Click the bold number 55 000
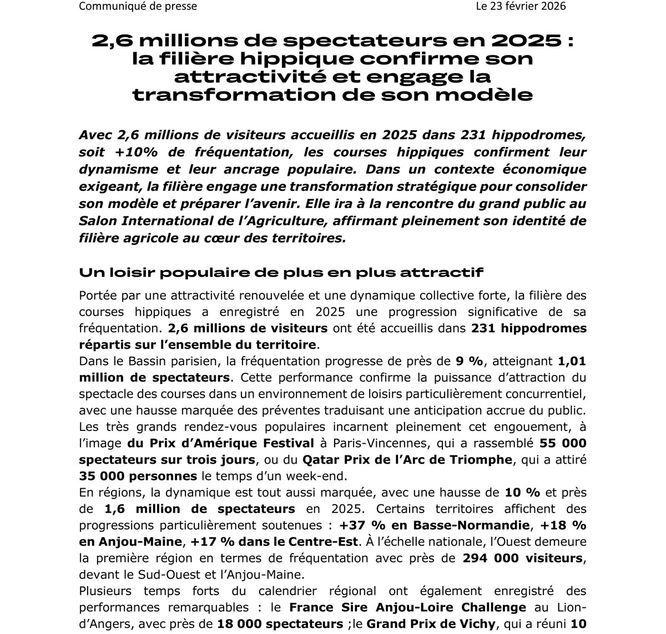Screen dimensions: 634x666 (563, 444)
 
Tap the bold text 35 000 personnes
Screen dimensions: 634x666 (138, 476)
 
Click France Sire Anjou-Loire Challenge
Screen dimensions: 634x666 (407, 607)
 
